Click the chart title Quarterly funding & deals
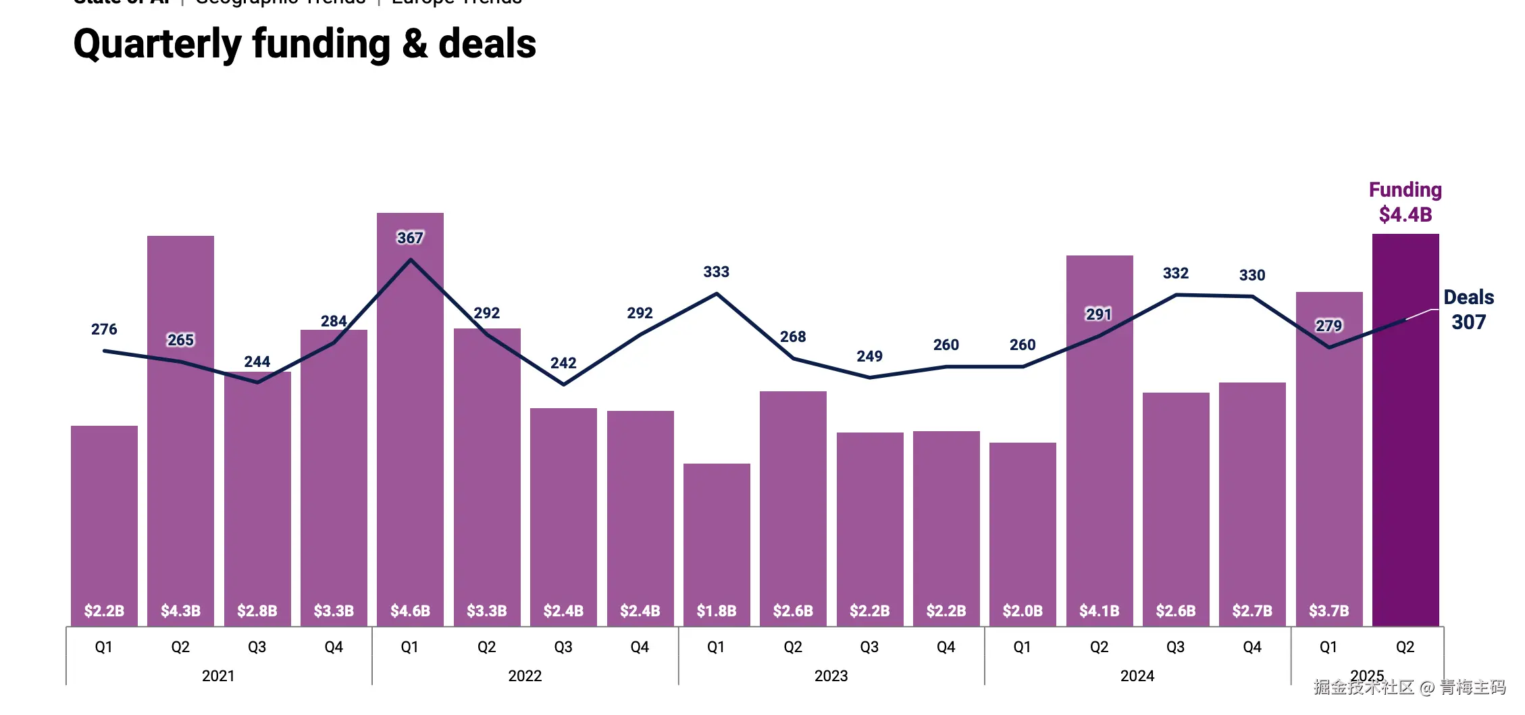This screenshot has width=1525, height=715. point(305,45)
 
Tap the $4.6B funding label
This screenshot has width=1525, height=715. point(410,611)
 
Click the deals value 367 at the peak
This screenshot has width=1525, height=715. point(410,238)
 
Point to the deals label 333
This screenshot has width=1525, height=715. point(716,272)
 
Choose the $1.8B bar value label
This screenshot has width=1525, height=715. point(716,611)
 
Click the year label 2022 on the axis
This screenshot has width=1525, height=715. point(525,676)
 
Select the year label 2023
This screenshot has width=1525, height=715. point(831,676)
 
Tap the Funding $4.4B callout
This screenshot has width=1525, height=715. point(1405,202)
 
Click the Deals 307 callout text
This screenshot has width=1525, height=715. point(1468,310)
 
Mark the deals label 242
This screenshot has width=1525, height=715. point(563,363)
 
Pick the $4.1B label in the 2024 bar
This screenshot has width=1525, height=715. point(1099,611)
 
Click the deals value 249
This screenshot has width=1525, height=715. point(869,356)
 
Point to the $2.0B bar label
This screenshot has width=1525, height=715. point(1023,611)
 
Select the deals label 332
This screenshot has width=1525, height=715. point(1175,273)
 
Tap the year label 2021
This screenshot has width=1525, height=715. point(218,676)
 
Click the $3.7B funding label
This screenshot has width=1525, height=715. point(1328,611)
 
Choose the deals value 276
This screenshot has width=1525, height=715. point(104,329)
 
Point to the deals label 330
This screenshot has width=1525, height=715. point(1251,275)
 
